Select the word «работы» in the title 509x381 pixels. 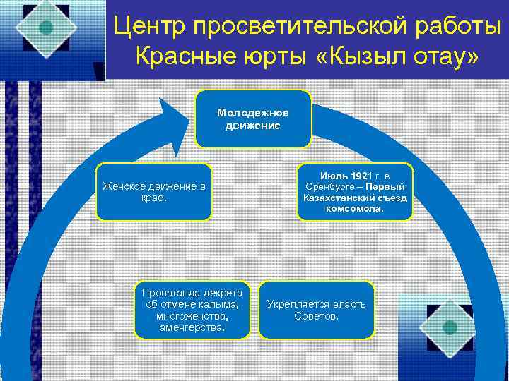[454, 27]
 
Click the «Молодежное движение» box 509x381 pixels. [252, 119]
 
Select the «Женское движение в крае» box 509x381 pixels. [153, 192]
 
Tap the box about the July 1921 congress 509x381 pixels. [355, 192]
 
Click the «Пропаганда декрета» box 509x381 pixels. [192, 310]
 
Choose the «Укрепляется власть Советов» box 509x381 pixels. [316, 310]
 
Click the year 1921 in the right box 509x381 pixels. [363, 175]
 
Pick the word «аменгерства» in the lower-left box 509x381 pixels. [192, 327]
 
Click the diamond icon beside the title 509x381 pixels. [46, 28]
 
